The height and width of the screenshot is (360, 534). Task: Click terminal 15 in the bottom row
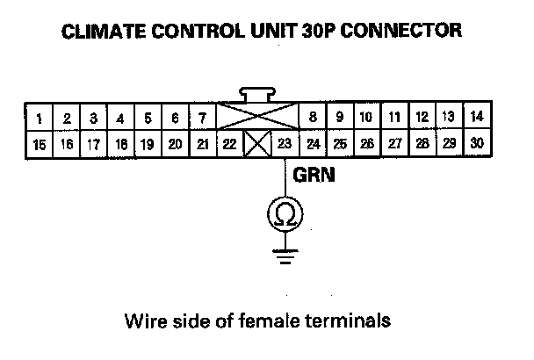[x=40, y=144]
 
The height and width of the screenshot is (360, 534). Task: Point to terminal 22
[x=230, y=144]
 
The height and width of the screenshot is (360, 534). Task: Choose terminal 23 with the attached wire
[x=285, y=144]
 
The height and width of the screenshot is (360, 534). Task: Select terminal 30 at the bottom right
[x=475, y=143]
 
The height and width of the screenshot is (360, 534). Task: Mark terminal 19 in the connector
[x=148, y=144]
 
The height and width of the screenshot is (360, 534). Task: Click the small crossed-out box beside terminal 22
[x=256, y=144]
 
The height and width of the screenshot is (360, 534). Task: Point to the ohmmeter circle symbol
[x=285, y=213]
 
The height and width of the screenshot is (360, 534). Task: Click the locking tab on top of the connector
[x=257, y=94]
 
